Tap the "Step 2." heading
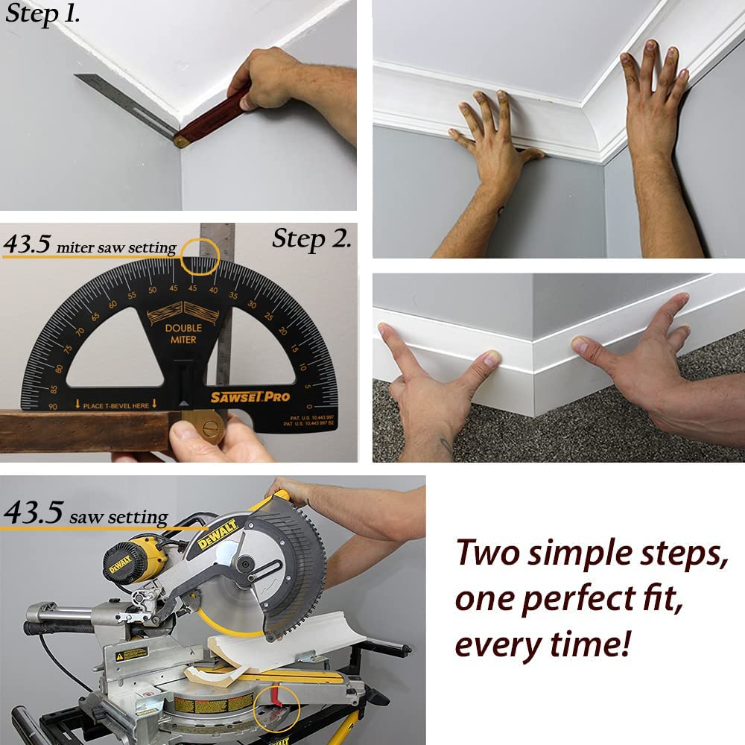tap(311, 239)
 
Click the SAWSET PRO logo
tap(250, 397)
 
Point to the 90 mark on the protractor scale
tap(53, 406)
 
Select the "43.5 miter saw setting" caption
tap(89, 246)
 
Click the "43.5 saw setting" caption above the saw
tap(86, 515)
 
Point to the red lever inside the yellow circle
tap(274, 700)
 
